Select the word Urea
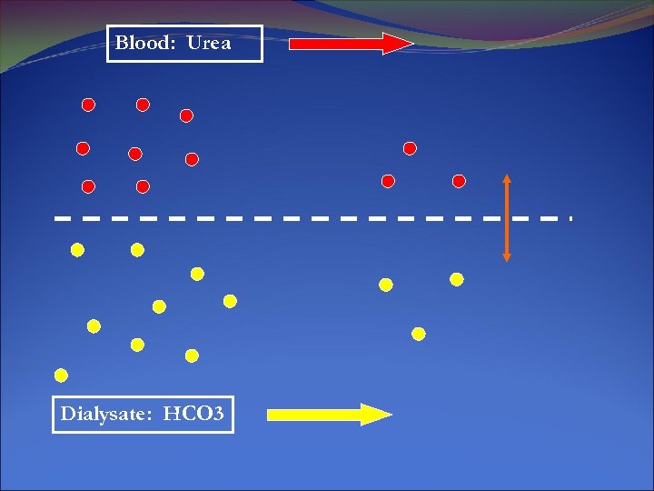(x=209, y=43)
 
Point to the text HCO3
(x=193, y=415)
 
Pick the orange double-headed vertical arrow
(x=507, y=218)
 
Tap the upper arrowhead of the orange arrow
(x=507, y=179)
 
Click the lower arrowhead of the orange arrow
(x=507, y=256)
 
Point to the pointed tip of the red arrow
(x=411, y=44)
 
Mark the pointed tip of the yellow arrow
(x=391, y=415)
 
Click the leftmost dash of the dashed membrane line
(x=63, y=218)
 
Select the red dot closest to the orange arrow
(x=459, y=181)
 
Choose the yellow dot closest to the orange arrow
(x=457, y=279)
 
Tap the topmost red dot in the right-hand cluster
(x=410, y=147)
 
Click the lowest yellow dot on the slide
(x=61, y=375)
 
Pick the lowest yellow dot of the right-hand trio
(x=419, y=334)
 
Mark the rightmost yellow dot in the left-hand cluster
(x=230, y=301)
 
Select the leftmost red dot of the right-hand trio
(x=388, y=181)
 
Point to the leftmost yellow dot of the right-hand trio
(x=385, y=285)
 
